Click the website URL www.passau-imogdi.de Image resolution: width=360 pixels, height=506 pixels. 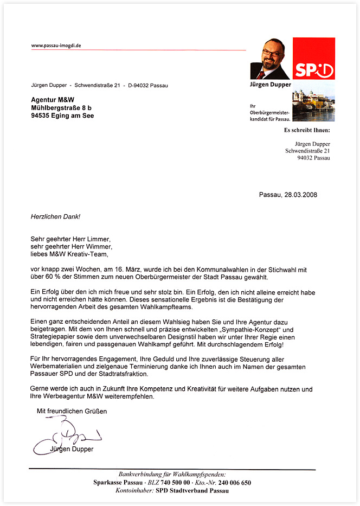point(56,46)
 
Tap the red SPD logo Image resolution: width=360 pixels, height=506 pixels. point(313,59)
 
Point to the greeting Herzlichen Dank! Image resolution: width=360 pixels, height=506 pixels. point(55,216)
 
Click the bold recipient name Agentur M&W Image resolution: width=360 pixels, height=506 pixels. point(53,100)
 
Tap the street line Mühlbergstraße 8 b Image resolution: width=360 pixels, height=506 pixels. point(61,108)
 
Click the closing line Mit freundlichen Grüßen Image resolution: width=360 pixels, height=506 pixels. point(72,411)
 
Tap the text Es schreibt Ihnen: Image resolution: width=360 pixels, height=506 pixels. point(306,130)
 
